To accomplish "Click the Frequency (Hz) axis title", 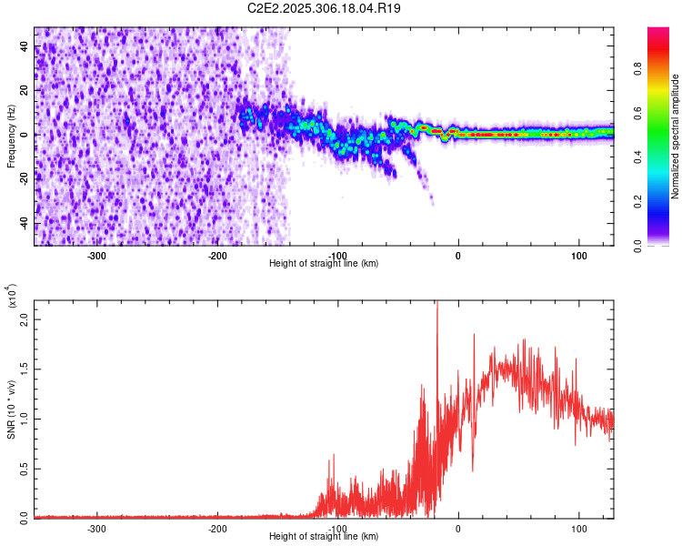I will (11, 136).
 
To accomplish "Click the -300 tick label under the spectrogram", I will (96, 255).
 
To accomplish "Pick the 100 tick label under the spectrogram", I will (578, 255).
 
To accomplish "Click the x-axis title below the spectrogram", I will (325, 263).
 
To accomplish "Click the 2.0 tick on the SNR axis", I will (24, 320).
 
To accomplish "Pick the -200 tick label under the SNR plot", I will (216, 528).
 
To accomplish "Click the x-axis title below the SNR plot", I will (325, 536).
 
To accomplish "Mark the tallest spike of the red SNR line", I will (437, 304).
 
